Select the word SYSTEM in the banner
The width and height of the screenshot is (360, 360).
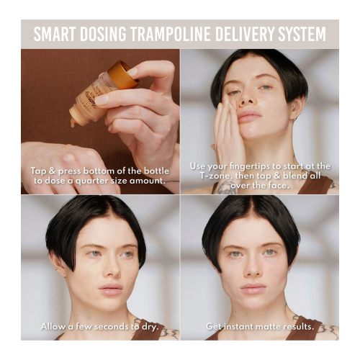tap(302, 34)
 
